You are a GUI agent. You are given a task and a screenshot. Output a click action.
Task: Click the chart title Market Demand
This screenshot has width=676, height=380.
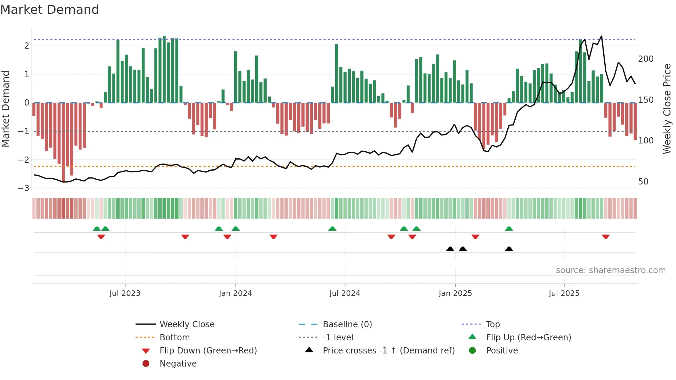tap(50, 10)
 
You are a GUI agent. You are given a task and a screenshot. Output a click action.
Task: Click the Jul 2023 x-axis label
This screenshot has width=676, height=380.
tap(125, 293)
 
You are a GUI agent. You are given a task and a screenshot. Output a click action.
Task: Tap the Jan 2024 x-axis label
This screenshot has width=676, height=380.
tap(235, 293)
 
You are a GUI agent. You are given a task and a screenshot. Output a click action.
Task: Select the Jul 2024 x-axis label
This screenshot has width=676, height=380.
tap(345, 293)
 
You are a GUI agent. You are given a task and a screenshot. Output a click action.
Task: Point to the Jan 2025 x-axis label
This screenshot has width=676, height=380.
tap(455, 293)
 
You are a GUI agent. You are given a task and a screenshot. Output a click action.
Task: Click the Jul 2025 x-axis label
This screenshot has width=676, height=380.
tap(564, 293)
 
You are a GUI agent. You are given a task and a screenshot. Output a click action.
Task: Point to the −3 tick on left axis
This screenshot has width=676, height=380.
tap(24, 188)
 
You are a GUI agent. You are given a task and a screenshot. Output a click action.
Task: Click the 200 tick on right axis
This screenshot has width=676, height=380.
tap(646, 59)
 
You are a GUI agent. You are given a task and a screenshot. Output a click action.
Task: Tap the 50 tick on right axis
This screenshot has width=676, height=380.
tap(643, 182)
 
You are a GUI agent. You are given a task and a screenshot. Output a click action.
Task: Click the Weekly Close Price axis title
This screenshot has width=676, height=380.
tap(667, 109)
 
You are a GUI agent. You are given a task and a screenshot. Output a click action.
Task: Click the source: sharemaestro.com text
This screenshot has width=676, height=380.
tap(610, 270)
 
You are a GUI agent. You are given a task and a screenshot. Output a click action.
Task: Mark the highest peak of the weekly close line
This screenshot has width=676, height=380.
tap(602, 36)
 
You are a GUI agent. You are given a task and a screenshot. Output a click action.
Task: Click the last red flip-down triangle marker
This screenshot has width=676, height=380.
tap(606, 237)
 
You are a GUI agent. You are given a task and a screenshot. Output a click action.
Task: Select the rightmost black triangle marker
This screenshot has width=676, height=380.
tap(509, 249)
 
